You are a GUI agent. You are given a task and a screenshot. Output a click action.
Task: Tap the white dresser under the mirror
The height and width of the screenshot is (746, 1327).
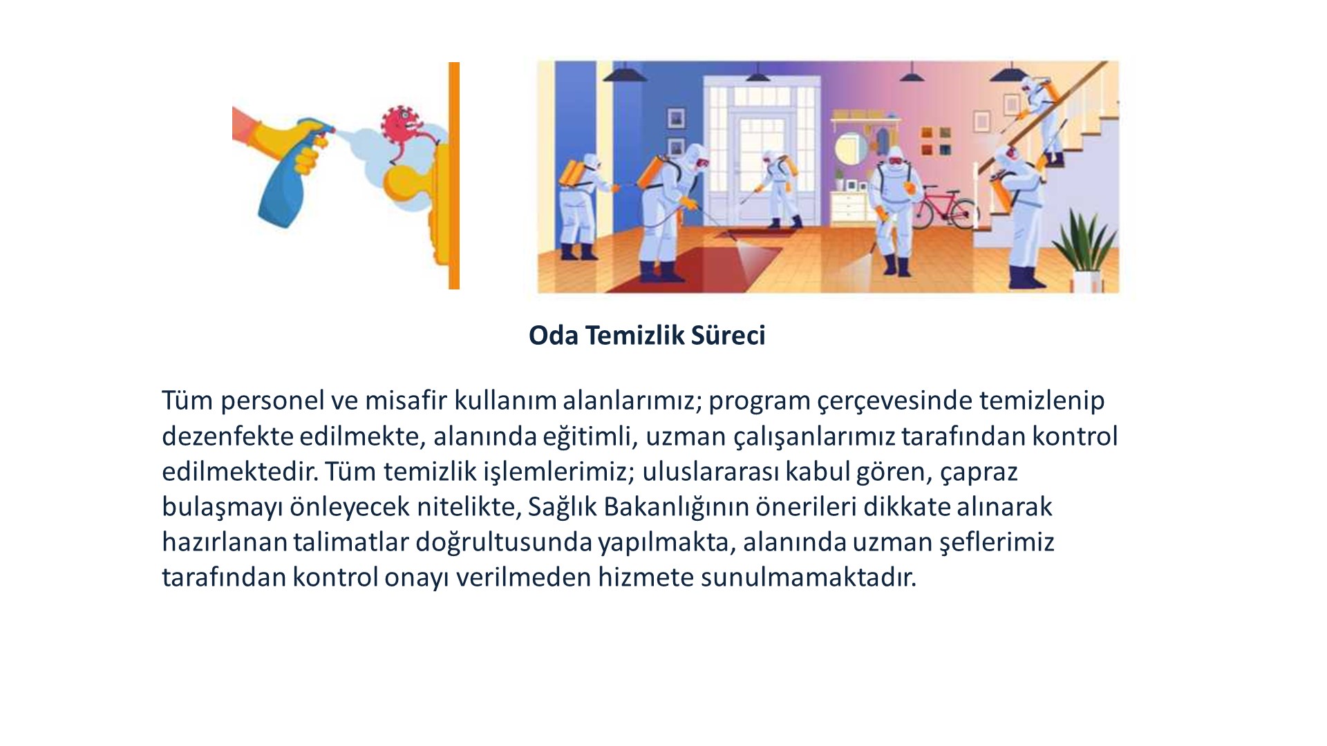[848, 207]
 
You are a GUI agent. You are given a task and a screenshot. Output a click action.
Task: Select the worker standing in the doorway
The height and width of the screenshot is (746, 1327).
[777, 189]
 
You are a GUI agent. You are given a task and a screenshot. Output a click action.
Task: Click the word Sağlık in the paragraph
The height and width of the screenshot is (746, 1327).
[563, 507]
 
